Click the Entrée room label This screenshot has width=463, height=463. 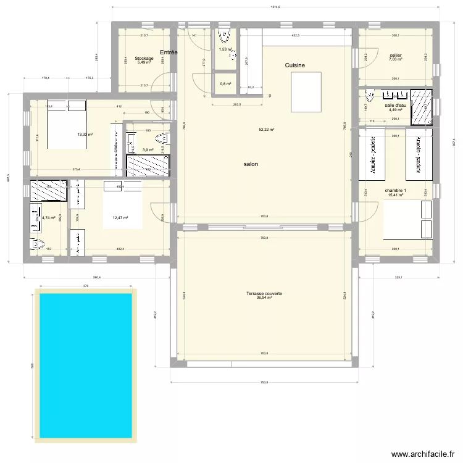(x=169, y=53)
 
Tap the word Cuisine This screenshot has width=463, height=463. (x=294, y=65)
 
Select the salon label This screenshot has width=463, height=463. (x=251, y=164)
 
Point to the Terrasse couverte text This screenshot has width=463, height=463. (x=264, y=293)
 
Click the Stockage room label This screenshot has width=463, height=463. (x=144, y=59)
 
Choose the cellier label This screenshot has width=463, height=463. (x=396, y=56)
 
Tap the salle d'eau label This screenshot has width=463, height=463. (x=395, y=106)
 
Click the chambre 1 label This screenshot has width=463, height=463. (x=395, y=191)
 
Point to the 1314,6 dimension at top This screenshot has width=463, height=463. (x=275, y=7)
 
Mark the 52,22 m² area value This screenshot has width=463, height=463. (x=267, y=130)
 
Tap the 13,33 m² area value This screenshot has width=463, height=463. (x=85, y=135)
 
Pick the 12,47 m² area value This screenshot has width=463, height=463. (x=120, y=217)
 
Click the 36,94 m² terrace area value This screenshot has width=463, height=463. (x=264, y=298)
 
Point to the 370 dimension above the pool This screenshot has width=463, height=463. (x=86, y=286)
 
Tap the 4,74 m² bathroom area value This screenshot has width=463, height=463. (x=48, y=217)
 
